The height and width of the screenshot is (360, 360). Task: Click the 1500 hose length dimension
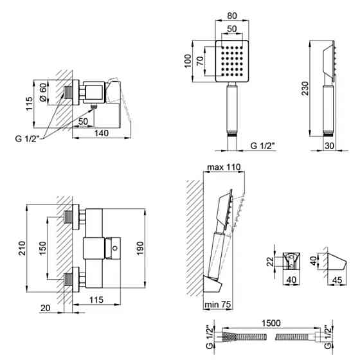pyautogui.click(x=271, y=323)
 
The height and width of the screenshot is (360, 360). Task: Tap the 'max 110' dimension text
pyautogui.click(x=224, y=167)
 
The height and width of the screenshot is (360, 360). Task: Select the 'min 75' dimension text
pyautogui.click(x=217, y=305)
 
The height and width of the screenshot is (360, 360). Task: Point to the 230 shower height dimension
pyautogui.click(x=305, y=88)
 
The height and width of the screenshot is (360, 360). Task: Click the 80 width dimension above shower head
pyautogui.click(x=231, y=15)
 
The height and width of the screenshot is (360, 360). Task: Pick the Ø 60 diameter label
pyautogui.click(x=43, y=92)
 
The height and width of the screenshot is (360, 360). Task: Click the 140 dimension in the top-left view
pyautogui.click(x=102, y=133)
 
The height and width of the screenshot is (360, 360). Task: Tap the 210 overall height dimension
pyautogui.click(x=22, y=248)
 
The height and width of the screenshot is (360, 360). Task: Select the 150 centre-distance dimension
pyautogui.click(x=42, y=248)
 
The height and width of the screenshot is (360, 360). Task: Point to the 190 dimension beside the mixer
pyautogui.click(x=140, y=248)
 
